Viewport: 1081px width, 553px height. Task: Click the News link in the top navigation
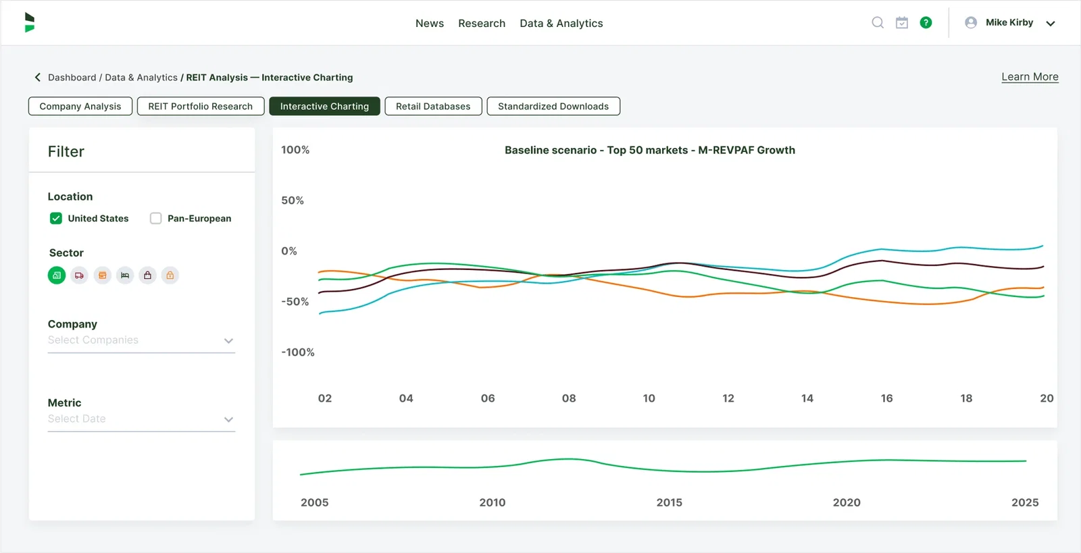tap(429, 23)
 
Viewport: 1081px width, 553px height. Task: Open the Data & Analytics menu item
tap(561, 23)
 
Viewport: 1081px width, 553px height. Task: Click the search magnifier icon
tap(877, 22)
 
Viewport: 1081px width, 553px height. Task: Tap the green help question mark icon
tap(926, 22)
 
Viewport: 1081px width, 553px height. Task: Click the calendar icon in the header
tap(901, 22)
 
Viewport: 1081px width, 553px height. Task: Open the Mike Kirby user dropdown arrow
tap(1050, 23)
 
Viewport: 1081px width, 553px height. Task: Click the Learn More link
tap(1029, 77)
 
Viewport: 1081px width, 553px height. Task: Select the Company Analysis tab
tap(80, 106)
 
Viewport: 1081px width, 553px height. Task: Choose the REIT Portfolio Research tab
tap(200, 106)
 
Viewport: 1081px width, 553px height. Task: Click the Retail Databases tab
tap(432, 106)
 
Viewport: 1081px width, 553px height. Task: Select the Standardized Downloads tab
tap(553, 106)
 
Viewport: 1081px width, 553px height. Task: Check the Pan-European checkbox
tap(156, 218)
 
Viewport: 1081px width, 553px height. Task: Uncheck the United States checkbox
tap(56, 218)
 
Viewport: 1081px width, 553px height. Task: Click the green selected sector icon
tap(57, 275)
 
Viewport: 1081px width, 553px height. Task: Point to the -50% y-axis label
tap(295, 301)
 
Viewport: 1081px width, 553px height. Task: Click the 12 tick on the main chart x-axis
tap(728, 398)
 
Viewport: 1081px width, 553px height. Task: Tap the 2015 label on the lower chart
tap(669, 502)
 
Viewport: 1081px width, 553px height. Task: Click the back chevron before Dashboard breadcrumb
tap(38, 77)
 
